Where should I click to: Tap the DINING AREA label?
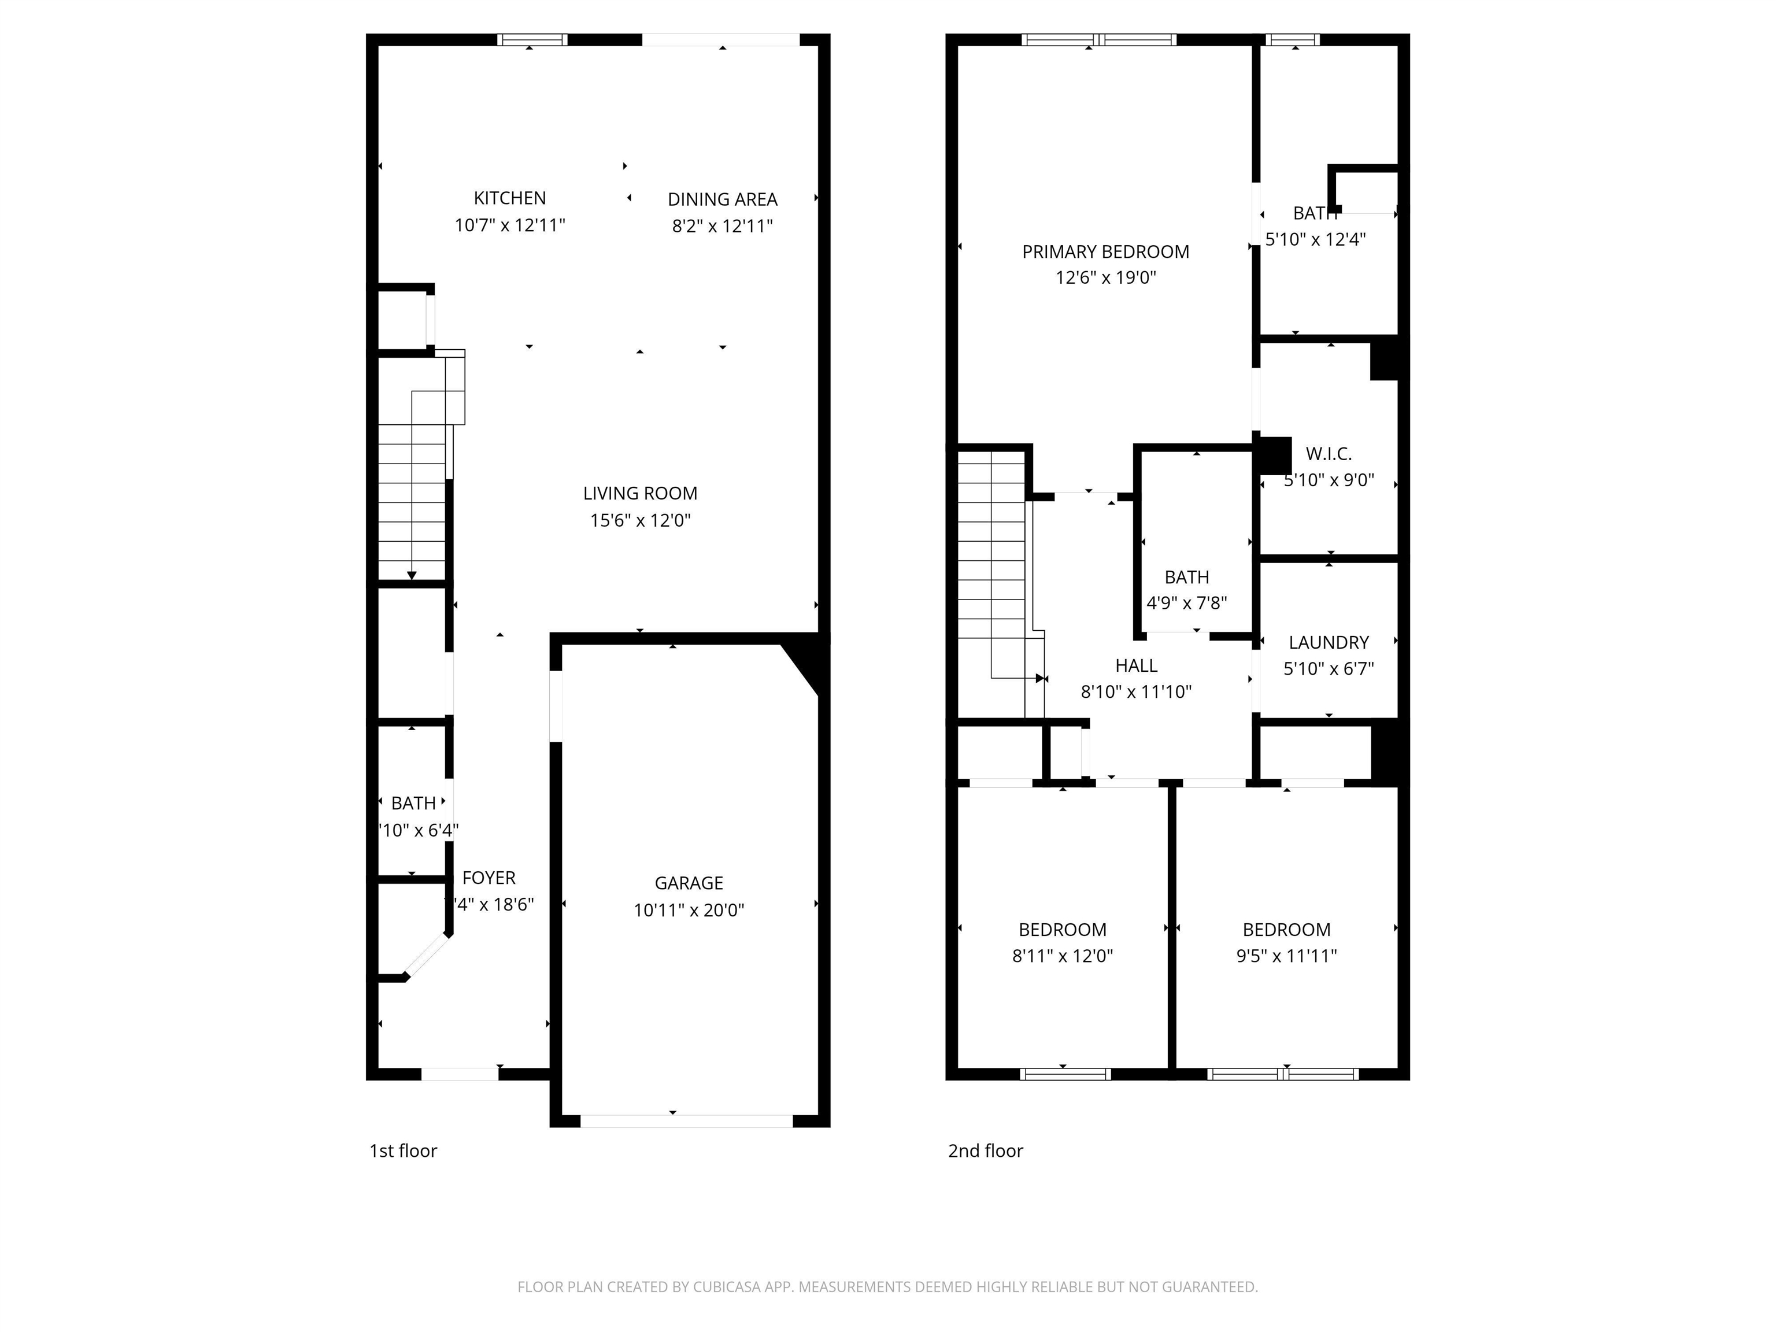[x=722, y=199]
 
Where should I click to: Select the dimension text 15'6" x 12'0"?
[x=640, y=520]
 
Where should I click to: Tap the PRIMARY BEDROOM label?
[x=1105, y=251]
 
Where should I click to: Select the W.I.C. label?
[x=1328, y=454]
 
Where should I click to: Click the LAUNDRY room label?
[x=1328, y=642]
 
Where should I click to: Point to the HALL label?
[x=1135, y=665]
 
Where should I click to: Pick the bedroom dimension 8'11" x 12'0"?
[x=1061, y=956]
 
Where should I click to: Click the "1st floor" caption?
[x=403, y=1150]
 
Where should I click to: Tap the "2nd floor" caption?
[x=985, y=1150]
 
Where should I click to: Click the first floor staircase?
[x=412, y=498]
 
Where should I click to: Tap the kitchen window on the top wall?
[x=531, y=40]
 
